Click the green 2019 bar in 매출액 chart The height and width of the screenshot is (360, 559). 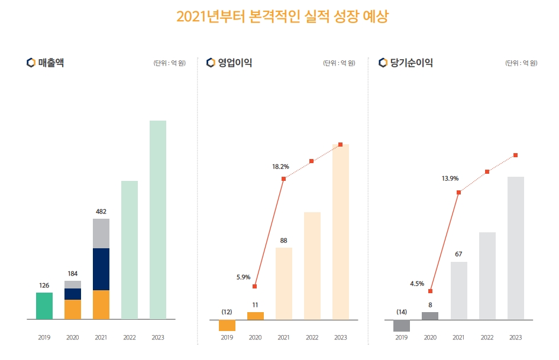pyautogui.click(x=44, y=306)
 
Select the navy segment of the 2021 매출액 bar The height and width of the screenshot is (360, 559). pyautogui.click(x=101, y=269)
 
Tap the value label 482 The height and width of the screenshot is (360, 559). pyautogui.click(x=101, y=211)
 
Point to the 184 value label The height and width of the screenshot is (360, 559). pyautogui.click(x=73, y=274)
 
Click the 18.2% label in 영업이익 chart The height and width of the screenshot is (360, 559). pyautogui.click(x=280, y=167)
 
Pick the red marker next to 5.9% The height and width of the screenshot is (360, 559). pyautogui.click(x=255, y=287)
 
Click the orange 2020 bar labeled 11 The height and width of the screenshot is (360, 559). pyautogui.click(x=256, y=316)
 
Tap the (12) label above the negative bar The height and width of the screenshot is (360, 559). pyautogui.click(x=227, y=312)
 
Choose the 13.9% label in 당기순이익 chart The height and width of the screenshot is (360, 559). pyautogui.click(x=450, y=178)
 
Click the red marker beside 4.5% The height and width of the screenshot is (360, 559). pyautogui.click(x=431, y=291)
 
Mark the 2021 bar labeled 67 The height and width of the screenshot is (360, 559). pyautogui.click(x=459, y=290)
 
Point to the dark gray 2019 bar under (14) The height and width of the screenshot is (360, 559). pyautogui.click(x=402, y=325)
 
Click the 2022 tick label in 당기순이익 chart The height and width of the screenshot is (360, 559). pyautogui.click(x=487, y=338)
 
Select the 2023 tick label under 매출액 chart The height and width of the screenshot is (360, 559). pyautogui.click(x=158, y=338)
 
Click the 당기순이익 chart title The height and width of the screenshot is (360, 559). pyautogui.click(x=412, y=63)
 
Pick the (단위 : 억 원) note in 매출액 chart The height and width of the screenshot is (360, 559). pyautogui.click(x=169, y=63)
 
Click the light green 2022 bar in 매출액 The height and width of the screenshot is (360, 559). pyautogui.click(x=130, y=249)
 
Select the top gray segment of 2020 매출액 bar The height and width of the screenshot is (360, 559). pyautogui.click(x=73, y=284)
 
